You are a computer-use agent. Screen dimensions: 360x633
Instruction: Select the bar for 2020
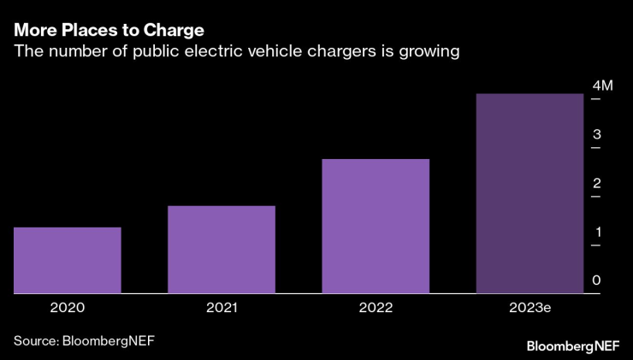67,260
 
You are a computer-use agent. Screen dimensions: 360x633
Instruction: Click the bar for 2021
221,249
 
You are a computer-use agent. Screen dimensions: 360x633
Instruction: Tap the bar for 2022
376,226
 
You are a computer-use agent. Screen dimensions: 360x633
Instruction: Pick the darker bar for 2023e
529,193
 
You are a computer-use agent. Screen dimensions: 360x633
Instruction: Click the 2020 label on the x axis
67,307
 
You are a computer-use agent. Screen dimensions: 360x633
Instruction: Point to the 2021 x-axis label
222,307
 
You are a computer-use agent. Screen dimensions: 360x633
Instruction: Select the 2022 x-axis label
376,307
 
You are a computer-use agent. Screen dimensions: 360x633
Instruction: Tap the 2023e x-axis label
530,307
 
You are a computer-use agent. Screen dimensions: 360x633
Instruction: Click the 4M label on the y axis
603,86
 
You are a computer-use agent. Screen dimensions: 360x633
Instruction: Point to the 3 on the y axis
597,134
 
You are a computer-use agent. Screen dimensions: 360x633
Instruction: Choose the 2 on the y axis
597,183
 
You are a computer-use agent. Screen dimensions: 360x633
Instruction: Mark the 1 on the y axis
597,232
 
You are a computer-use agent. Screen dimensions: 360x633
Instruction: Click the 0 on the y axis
597,280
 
